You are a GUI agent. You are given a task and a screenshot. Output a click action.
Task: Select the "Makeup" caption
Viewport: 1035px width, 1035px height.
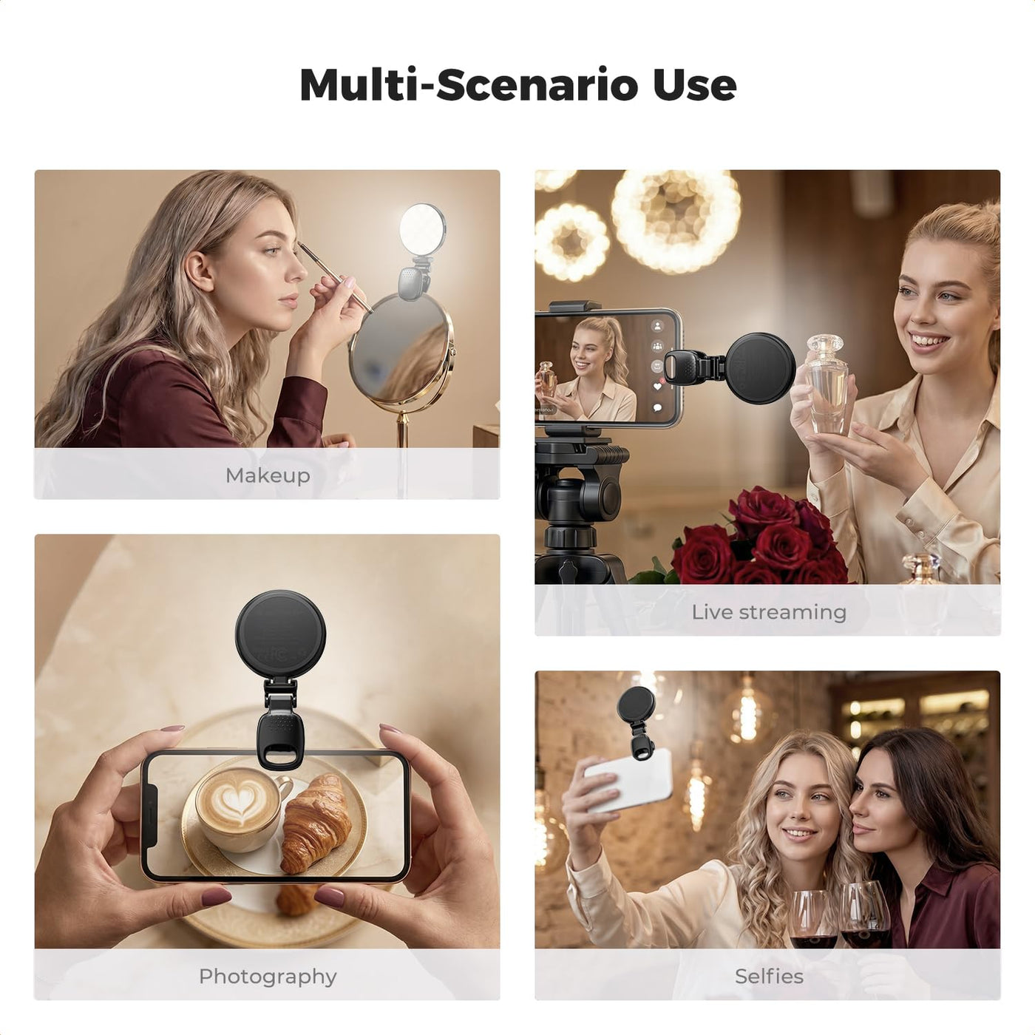click(268, 475)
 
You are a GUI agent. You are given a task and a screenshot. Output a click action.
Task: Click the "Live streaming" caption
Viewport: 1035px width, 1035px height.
click(769, 612)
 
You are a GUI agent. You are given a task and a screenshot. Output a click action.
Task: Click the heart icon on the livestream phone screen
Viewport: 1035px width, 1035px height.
click(657, 386)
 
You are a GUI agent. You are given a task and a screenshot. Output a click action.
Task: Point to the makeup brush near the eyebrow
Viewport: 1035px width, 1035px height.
click(335, 277)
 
